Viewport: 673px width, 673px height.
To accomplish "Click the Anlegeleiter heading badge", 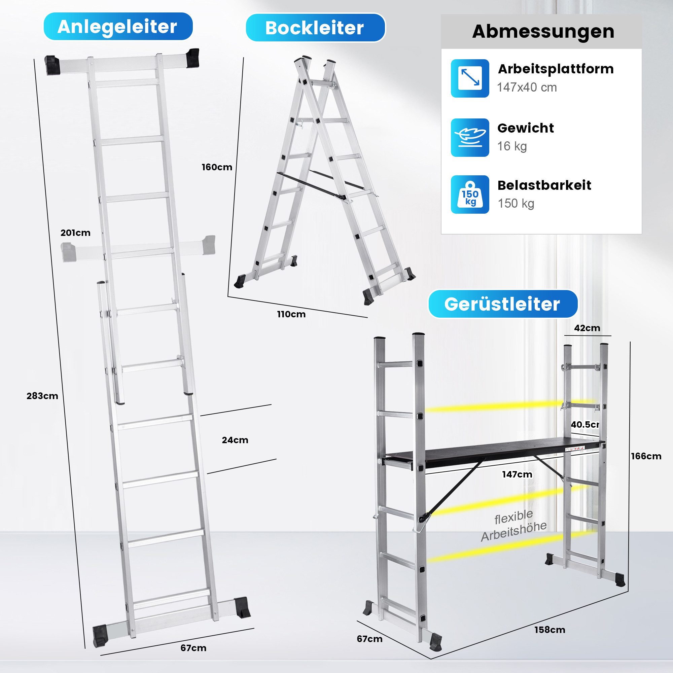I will pos(118,27).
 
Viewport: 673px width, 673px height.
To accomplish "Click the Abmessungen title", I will pos(543,31).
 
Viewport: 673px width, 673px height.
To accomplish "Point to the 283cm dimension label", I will pos(42,396).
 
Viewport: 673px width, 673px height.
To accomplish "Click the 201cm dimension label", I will pos(75,233).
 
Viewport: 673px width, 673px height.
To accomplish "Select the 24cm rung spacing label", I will pos(235,440).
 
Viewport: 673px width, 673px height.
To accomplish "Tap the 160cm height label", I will pos(217,167).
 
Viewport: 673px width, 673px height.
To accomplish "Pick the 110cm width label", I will pos(291,314).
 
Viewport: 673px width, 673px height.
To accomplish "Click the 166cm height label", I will pos(646,456).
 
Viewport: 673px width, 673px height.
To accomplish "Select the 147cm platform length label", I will pos(517,474).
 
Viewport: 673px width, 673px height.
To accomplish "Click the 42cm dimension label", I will pos(587,328).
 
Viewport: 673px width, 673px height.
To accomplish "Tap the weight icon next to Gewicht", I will pos(470,138).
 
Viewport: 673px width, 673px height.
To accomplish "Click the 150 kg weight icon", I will pos(470,194).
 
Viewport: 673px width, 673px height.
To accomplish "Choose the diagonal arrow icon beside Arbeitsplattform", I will pos(470,78).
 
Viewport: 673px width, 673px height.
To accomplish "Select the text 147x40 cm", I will pos(527,87).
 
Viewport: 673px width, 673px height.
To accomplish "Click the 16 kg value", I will pos(512,146).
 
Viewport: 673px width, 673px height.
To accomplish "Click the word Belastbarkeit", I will pos(544,185).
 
